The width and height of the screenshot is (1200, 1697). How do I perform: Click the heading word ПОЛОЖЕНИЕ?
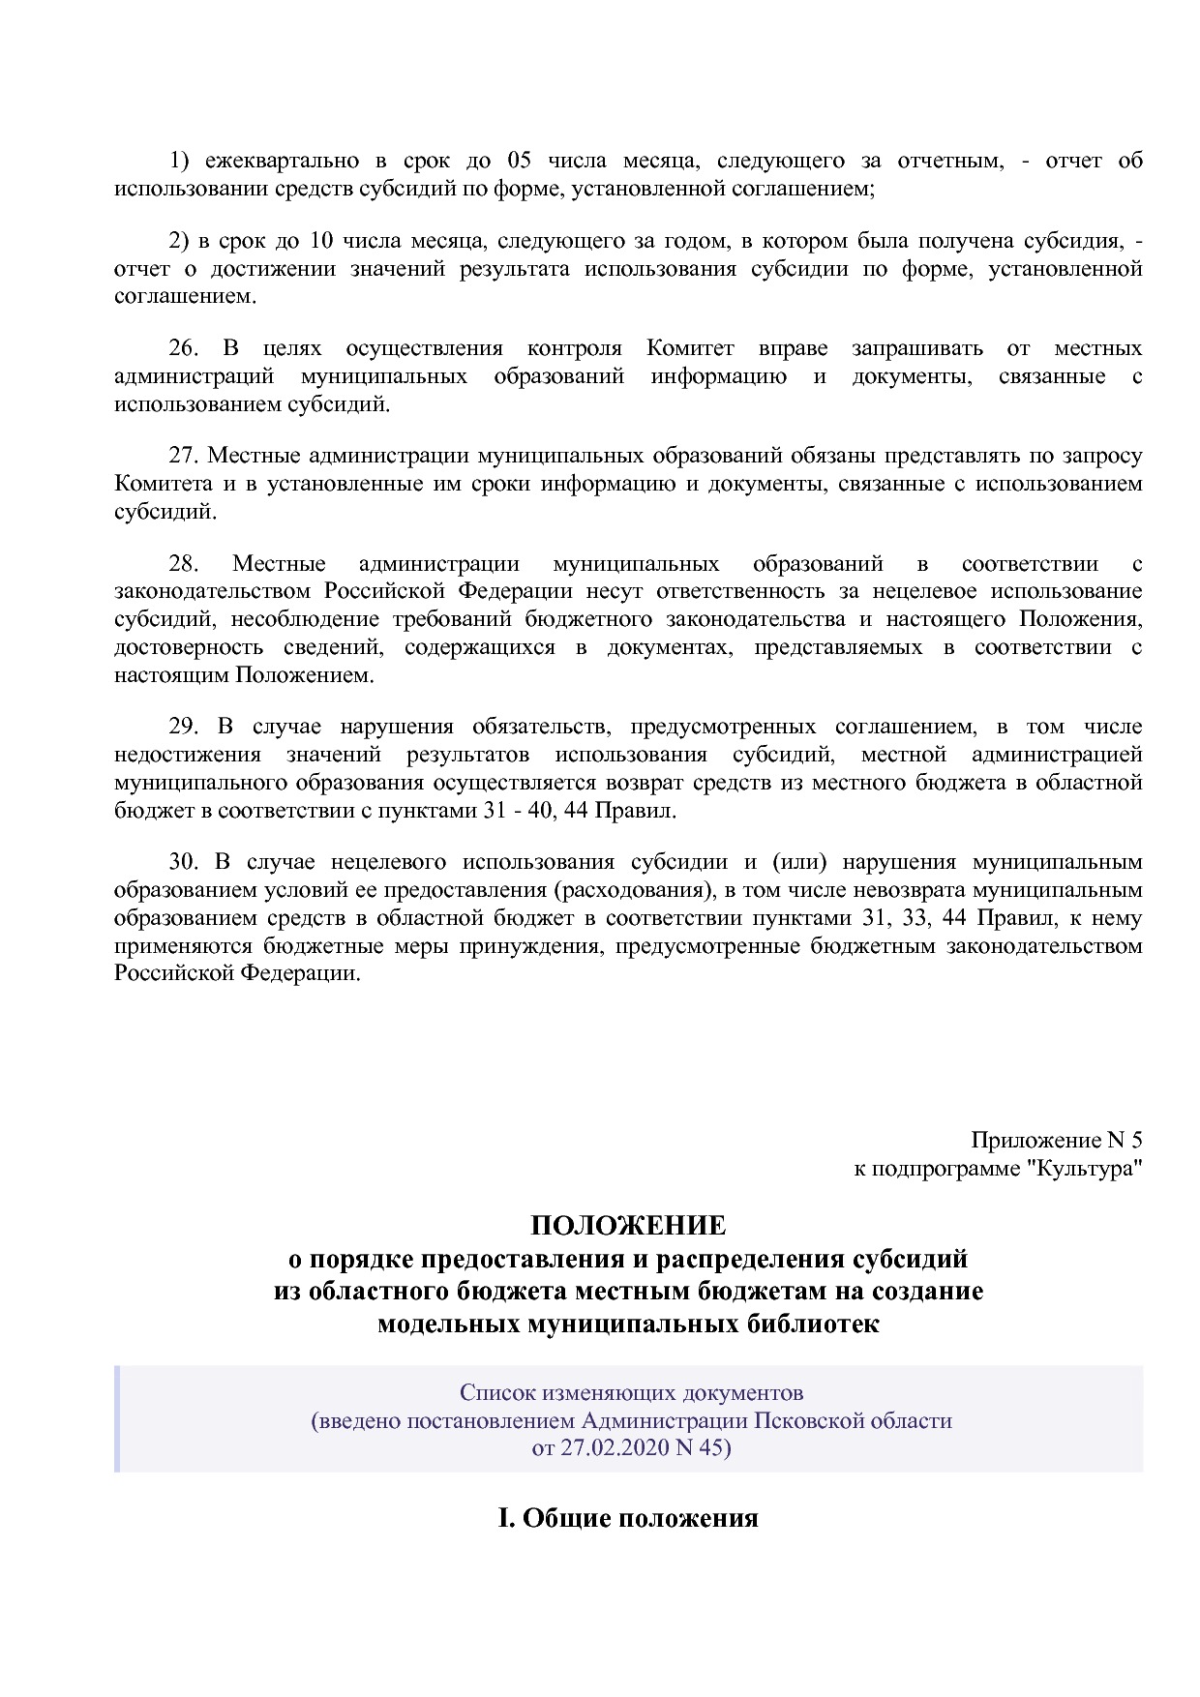627,1226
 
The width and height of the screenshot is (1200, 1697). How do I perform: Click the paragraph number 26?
183,348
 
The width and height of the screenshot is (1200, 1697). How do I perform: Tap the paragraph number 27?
183,456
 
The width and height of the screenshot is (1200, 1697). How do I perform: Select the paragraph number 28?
183,564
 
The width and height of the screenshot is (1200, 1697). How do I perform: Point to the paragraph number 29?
183,727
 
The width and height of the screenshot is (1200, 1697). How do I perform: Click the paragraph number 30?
183,862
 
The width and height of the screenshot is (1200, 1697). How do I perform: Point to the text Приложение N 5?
1057,1141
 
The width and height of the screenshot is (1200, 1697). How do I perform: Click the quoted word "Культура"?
1084,1169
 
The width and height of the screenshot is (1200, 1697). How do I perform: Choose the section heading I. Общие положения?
627,1518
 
